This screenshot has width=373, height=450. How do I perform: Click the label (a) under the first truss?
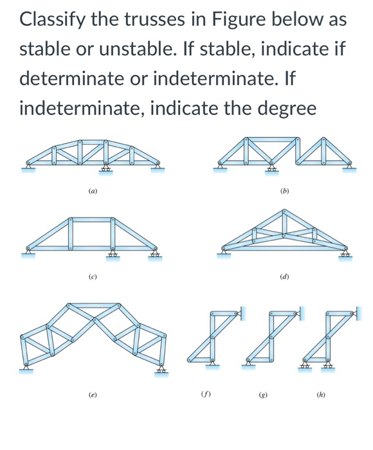[93, 190]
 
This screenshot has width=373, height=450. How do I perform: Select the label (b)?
[285, 190]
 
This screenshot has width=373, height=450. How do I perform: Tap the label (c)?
[93, 276]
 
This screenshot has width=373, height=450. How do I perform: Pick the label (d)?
[285, 276]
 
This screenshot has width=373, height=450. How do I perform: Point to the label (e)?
[93, 394]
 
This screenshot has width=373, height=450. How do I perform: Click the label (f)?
[205, 394]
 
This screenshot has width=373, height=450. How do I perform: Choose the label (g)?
[263, 394]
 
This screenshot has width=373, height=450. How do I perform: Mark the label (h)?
[322, 394]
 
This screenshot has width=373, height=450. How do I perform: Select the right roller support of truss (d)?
[346, 255]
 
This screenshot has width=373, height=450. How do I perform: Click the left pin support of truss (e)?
[26, 368]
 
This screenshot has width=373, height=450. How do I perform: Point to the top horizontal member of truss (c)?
[92, 221]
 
